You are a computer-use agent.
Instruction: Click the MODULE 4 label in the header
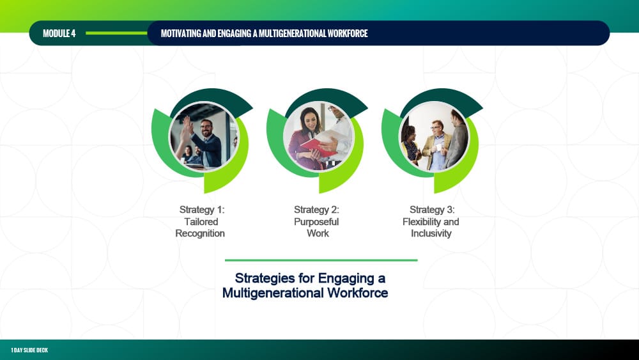click(x=59, y=33)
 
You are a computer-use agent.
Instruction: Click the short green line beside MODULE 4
click(x=116, y=33)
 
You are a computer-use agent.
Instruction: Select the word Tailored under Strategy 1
click(x=201, y=222)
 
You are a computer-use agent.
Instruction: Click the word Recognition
click(x=200, y=233)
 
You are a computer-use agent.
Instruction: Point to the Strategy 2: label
click(x=316, y=210)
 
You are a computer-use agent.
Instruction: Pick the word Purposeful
click(x=316, y=222)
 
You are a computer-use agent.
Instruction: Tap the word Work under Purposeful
click(x=318, y=233)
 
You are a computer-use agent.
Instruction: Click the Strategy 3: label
click(x=432, y=210)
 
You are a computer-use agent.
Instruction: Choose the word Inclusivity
click(x=431, y=233)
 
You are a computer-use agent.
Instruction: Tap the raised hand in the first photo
click(x=187, y=124)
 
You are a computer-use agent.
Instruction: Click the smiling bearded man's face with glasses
click(x=206, y=128)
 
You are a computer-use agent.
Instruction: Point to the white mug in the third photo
click(x=439, y=147)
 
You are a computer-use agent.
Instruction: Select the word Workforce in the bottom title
click(x=357, y=293)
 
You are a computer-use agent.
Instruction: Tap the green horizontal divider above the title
click(x=321, y=260)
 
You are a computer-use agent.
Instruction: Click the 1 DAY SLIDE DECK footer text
click(x=29, y=350)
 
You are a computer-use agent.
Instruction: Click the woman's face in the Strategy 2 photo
click(x=309, y=118)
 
